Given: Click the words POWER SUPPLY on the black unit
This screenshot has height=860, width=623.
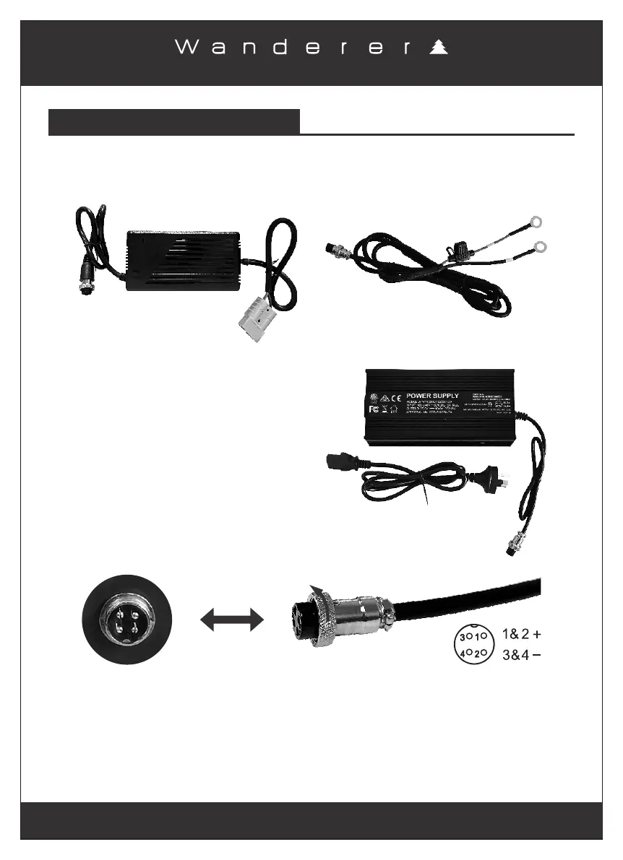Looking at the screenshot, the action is click(x=432, y=396).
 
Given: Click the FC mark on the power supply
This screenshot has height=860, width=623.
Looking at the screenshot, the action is click(x=374, y=409).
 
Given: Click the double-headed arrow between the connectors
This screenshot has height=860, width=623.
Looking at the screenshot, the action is click(x=231, y=620).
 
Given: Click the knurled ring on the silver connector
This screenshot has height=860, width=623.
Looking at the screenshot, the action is click(x=322, y=619).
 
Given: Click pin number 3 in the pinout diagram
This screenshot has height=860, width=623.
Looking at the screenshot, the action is click(x=462, y=638).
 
